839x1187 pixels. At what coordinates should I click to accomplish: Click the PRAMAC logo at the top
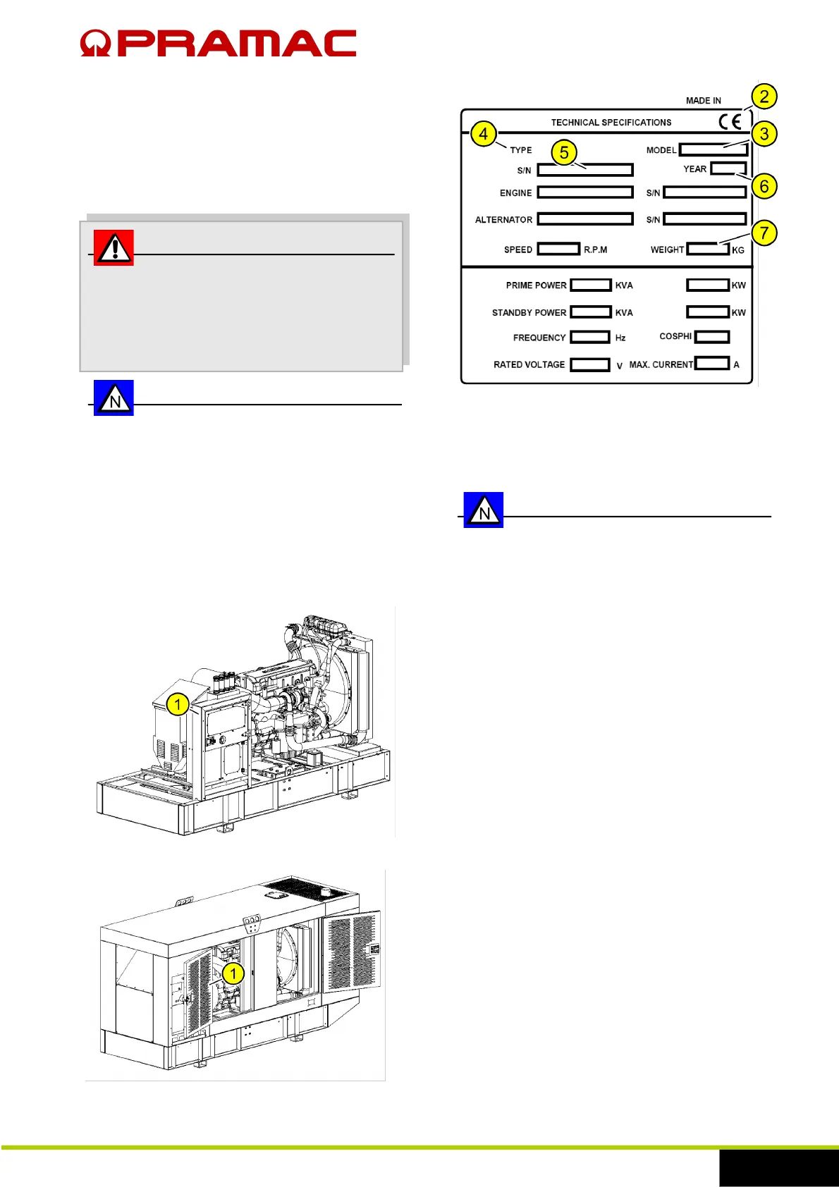pyautogui.click(x=218, y=43)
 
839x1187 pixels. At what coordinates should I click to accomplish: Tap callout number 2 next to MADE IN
pyautogui.click(x=764, y=97)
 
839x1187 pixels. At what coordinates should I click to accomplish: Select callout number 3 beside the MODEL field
pyautogui.click(x=764, y=134)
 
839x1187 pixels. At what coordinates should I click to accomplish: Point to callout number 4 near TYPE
pyautogui.click(x=484, y=134)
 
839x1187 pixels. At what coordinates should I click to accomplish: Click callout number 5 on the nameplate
pyautogui.click(x=564, y=152)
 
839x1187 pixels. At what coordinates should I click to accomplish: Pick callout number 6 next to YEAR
pyautogui.click(x=764, y=187)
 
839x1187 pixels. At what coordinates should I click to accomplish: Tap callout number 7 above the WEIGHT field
pyautogui.click(x=764, y=233)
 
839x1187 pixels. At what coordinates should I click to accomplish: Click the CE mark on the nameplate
pyautogui.click(x=730, y=122)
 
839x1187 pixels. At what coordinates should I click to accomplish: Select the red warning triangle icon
pyautogui.click(x=114, y=247)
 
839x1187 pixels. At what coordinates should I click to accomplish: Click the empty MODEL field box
pyautogui.click(x=713, y=150)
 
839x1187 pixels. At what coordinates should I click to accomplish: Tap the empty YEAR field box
pyautogui.click(x=728, y=168)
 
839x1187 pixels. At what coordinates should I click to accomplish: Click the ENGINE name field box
pyautogui.click(x=584, y=192)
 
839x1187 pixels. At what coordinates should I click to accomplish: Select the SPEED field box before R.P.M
pyautogui.click(x=558, y=250)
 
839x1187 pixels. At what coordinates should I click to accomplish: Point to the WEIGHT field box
pyautogui.click(x=708, y=250)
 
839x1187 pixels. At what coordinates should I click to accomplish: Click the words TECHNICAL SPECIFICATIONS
pyautogui.click(x=611, y=123)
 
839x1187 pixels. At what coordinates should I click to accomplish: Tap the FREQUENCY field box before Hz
pyautogui.click(x=589, y=338)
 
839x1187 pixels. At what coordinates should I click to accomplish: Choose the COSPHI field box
pyautogui.click(x=711, y=337)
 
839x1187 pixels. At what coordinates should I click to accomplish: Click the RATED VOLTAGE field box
pyautogui.click(x=589, y=365)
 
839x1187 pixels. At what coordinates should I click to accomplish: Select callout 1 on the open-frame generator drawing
pyautogui.click(x=178, y=704)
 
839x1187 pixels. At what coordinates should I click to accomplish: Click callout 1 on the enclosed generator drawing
pyautogui.click(x=233, y=974)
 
